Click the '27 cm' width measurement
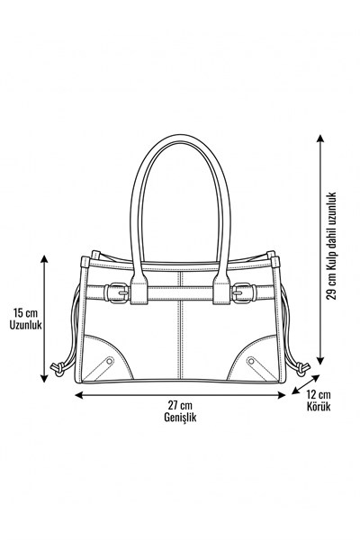click(180, 405)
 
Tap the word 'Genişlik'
click(180, 417)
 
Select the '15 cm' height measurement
click(25, 313)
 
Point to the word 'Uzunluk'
click(25, 325)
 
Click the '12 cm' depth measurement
click(319, 394)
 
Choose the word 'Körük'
click(319, 407)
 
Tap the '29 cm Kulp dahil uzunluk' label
click(331, 246)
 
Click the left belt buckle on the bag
click(116, 293)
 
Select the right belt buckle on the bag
click(244, 293)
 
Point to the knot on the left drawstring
click(58, 369)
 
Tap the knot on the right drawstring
click(302, 369)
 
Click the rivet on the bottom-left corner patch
click(110, 361)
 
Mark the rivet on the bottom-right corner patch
click(251, 361)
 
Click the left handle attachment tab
click(139, 290)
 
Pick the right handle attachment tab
click(221, 290)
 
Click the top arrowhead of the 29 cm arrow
click(320, 139)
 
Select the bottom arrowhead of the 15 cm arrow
click(44, 378)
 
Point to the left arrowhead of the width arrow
click(79, 395)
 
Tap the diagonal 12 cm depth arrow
click(306, 384)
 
